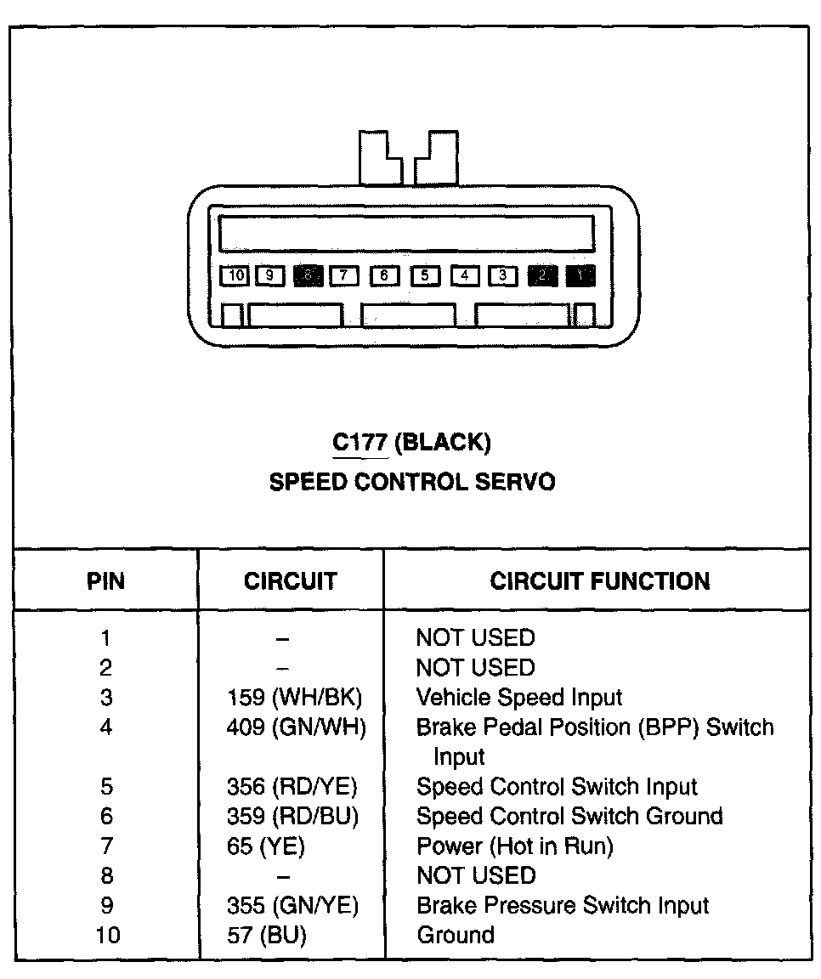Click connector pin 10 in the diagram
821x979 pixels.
click(236, 275)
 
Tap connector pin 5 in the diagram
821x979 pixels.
click(425, 275)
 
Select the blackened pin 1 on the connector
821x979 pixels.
click(580, 275)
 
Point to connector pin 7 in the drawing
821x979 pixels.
click(343, 275)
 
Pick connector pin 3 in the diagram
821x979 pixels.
click(503, 275)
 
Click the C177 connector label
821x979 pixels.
click(360, 442)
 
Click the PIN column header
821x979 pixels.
click(105, 581)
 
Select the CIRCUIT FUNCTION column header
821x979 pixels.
click(599, 581)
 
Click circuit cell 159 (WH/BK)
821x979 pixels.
click(294, 698)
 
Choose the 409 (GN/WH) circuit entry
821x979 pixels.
click(296, 727)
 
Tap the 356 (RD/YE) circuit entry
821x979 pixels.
click(292, 787)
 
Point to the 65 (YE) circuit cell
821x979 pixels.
click(265, 846)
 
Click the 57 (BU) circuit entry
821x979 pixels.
click(266, 936)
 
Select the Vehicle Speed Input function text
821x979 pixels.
click(518, 698)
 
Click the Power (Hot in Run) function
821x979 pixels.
click(514, 846)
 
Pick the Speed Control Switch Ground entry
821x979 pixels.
click(569, 817)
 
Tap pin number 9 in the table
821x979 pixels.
click(105, 906)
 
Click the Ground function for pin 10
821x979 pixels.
click(455, 936)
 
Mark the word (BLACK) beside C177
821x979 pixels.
click(443, 442)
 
